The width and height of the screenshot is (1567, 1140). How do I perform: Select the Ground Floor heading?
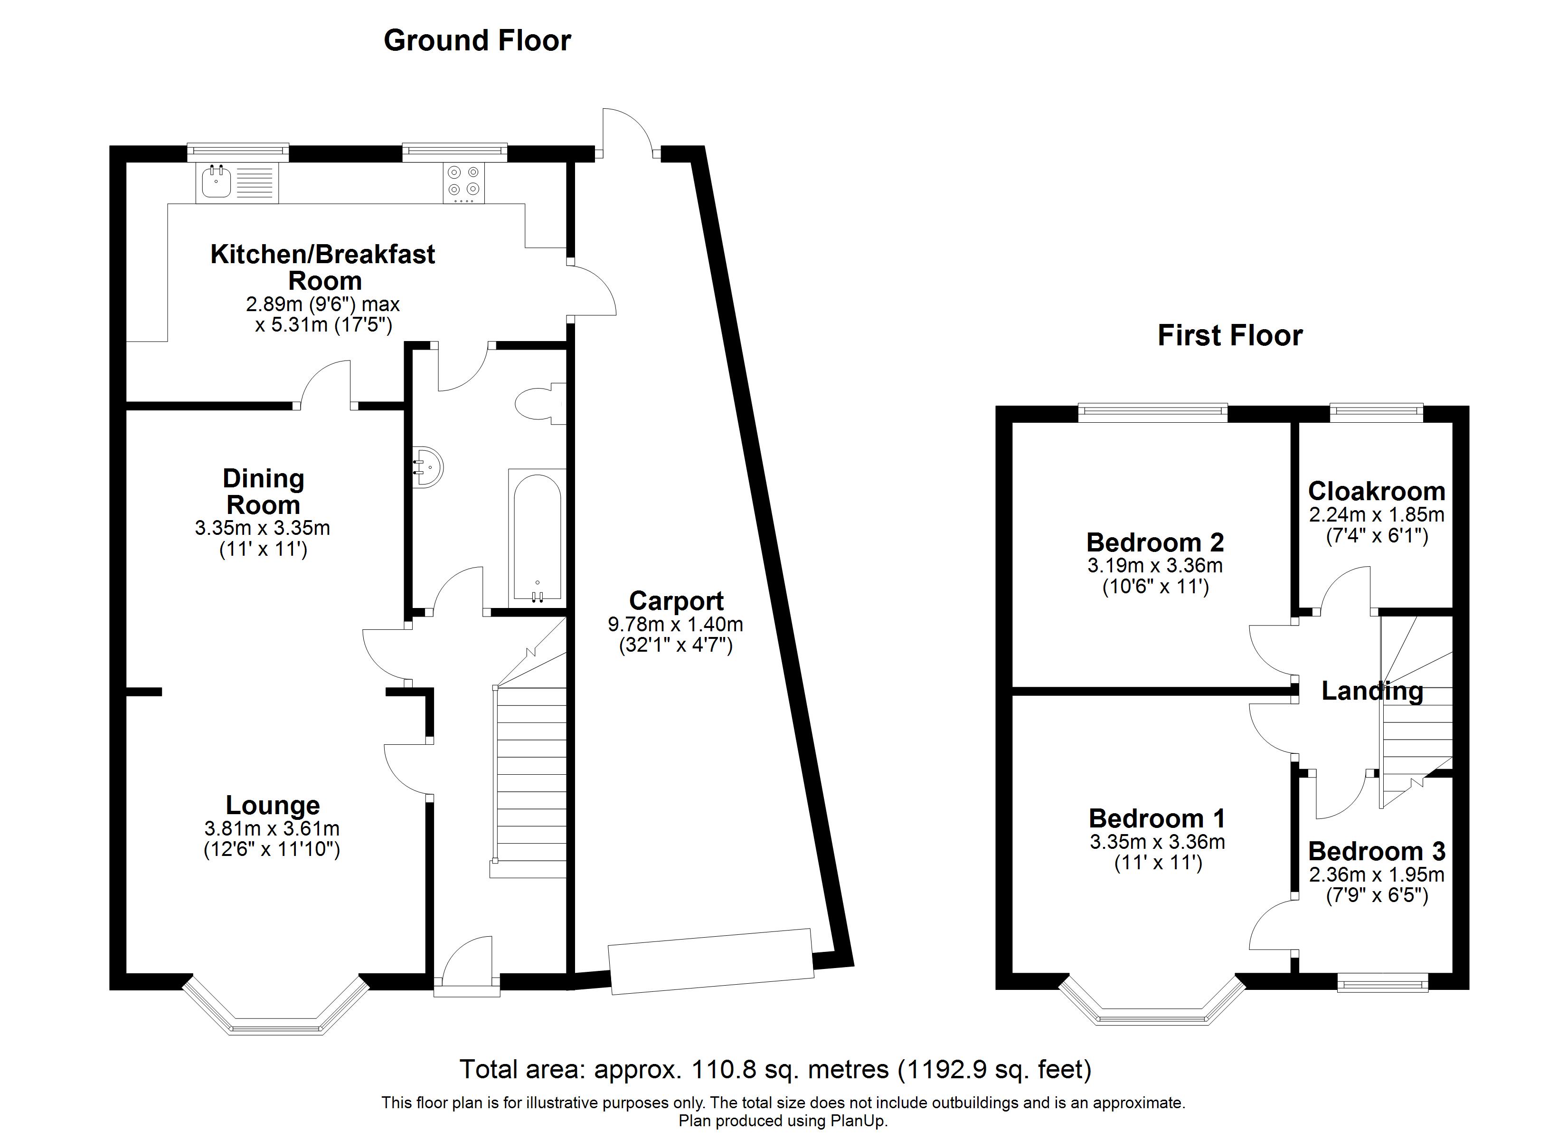pyautogui.click(x=477, y=41)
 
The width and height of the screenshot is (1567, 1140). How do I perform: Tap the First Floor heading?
pyautogui.click(x=1230, y=336)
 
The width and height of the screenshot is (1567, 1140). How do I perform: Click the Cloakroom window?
pyautogui.click(x=1376, y=413)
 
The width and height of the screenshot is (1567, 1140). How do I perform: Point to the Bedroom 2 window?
pyautogui.click(x=1152, y=413)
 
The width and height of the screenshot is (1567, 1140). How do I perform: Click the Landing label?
pyautogui.click(x=1371, y=691)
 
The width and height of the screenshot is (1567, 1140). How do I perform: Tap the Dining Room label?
pyautogui.click(x=263, y=492)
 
